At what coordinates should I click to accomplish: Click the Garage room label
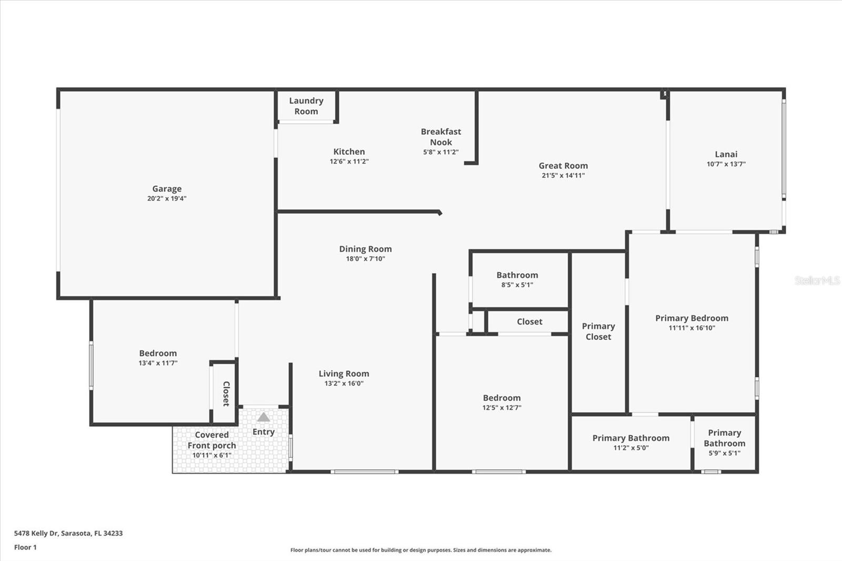[167, 188]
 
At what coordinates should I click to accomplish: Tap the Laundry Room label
[306, 106]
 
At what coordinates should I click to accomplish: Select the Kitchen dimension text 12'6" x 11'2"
[349, 162]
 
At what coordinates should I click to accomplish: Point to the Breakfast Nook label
[440, 137]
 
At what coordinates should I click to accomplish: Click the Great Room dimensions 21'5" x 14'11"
[563, 175]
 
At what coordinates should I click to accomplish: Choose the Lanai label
[726, 154]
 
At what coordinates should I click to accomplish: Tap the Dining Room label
[365, 249]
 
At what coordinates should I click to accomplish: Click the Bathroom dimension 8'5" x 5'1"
[517, 285]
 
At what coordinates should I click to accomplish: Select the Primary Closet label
[598, 332]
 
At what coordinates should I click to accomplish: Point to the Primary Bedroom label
[691, 318]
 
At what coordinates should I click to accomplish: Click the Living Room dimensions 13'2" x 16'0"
[344, 383]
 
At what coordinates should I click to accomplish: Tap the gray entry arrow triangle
[264, 417]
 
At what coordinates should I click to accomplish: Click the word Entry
[263, 432]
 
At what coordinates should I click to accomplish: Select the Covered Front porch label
[212, 440]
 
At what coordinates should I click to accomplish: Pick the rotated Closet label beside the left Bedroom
[226, 394]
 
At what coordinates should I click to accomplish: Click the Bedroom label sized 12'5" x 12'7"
[502, 398]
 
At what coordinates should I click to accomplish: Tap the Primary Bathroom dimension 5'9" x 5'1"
[724, 453]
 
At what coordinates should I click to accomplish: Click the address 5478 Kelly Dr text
[68, 533]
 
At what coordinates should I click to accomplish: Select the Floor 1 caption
[25, 547]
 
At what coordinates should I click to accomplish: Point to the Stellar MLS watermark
[817, 280]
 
